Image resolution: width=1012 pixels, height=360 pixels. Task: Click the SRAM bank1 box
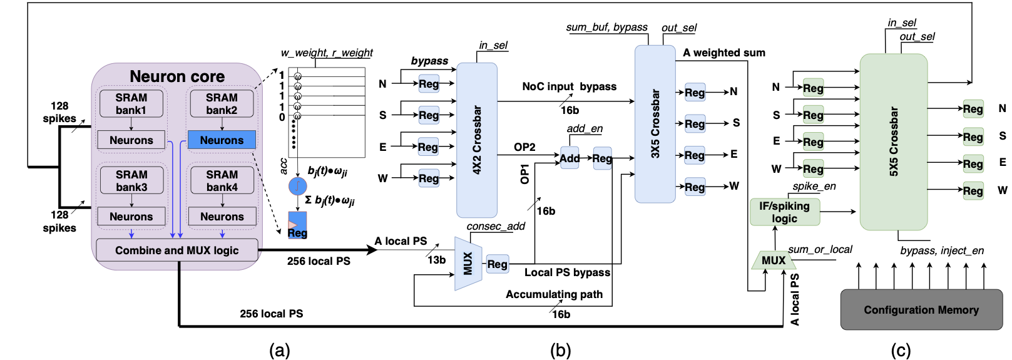click(x=131, y=104)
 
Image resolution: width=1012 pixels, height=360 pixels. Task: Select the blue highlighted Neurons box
click(x=222, y=140)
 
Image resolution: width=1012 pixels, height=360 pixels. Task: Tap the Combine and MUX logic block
click(x=176, y=250)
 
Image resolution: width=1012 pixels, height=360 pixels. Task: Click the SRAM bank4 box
click(x=222, y=180)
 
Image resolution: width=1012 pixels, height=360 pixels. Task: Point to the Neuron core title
click(x=177, y=76)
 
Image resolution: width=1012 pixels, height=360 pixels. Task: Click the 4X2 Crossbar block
click(x=477, y=140)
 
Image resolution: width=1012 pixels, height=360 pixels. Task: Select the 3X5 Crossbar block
click(x=655, y=124)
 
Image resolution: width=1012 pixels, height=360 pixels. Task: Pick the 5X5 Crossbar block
click(x=893, y=141)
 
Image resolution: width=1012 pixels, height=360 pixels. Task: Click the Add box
click(x=570, y=158)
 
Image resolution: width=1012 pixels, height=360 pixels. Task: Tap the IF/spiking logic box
click(x=784, y=212)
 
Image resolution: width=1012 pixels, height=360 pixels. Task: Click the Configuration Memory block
click(x=921, y=310)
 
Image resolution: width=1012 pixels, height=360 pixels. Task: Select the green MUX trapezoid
click(x=773, y=260)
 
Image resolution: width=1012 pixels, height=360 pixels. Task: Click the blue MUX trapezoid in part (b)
click(x=468, y=264)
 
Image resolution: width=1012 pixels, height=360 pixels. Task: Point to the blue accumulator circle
click(x=297, y=186)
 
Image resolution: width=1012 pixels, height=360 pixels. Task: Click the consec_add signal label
click(x=496, y=226)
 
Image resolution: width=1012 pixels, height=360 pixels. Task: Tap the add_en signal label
click(x=585, y=128)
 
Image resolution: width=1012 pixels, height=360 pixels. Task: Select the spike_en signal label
click(x=814, y=186)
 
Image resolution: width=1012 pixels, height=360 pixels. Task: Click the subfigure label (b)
click(x=560, y=351)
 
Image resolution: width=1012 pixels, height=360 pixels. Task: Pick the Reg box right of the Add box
click(x=602, y=158)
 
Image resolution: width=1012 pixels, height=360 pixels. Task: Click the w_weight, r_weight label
click(x=327, y=53)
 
